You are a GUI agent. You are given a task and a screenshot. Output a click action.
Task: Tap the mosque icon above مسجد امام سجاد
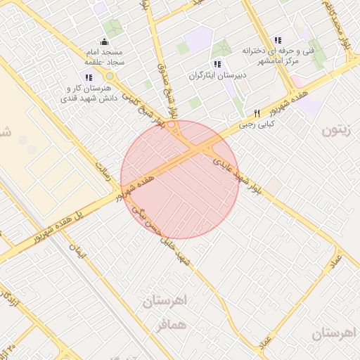click(105, 41)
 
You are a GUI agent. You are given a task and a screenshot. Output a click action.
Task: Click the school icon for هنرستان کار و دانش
click(88, 77)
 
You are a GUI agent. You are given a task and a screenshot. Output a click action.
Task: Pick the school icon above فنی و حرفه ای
click(277, 40)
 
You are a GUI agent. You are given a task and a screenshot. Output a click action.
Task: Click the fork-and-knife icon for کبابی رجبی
click(257, 113)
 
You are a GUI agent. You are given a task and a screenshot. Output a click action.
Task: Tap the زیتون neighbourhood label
click(336, 131)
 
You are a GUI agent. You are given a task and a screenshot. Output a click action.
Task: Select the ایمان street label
click(76, 250)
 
